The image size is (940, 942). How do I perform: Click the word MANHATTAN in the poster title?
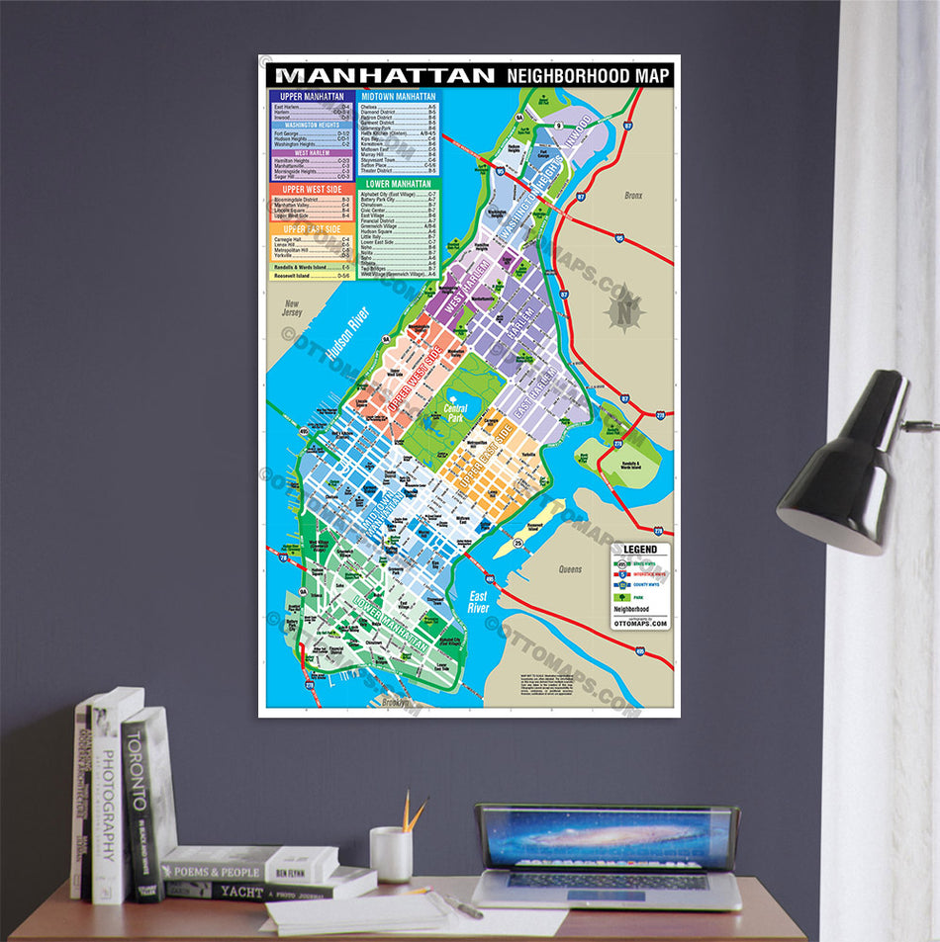pos(385,75)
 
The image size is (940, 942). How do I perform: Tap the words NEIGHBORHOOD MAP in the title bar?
pos(588,76)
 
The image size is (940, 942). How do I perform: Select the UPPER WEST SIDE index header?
pos(312,189)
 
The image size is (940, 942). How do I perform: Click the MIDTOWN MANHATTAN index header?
pos(398,97)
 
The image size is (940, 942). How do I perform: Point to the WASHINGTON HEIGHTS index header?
pos(312,126)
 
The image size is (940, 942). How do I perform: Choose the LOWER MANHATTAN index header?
pos(398,184)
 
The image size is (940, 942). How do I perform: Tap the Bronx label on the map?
pos(633,196)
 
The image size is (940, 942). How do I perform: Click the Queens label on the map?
pos(570,569)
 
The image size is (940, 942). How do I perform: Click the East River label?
pos(478,602)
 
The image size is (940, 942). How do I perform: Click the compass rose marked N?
pos(624,314)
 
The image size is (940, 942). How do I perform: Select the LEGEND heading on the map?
pos(640,550)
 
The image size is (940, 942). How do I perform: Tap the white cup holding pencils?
pos(391,854)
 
